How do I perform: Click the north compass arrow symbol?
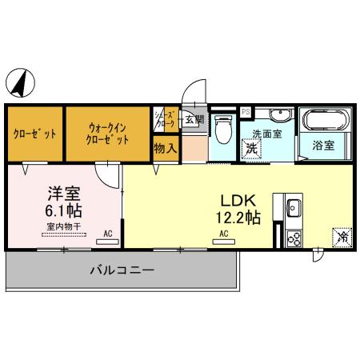coord(21,82)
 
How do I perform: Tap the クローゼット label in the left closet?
coord(34,133)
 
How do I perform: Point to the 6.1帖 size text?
coord(63,211)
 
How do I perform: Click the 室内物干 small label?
coord(62,226)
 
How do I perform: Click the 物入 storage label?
coord(166,148)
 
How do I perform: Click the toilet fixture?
coord(223,128)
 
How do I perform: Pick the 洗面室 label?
coord(266,134)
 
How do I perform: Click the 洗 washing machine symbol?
coord(251,148)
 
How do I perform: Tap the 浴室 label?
coord(323,146)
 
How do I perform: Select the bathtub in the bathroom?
coord(324,122)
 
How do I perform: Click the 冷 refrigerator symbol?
coord(342,237)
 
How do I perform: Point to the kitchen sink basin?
coord(292,210)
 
